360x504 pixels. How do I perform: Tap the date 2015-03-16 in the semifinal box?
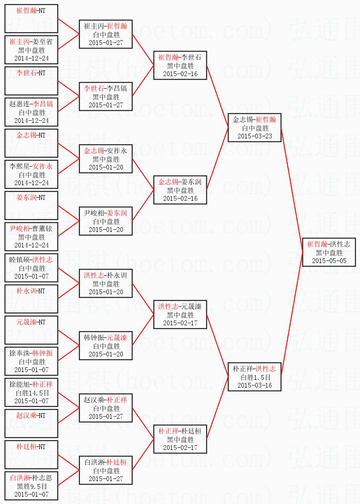click(254, 385)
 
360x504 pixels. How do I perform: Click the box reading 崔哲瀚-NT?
click(31, 19)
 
